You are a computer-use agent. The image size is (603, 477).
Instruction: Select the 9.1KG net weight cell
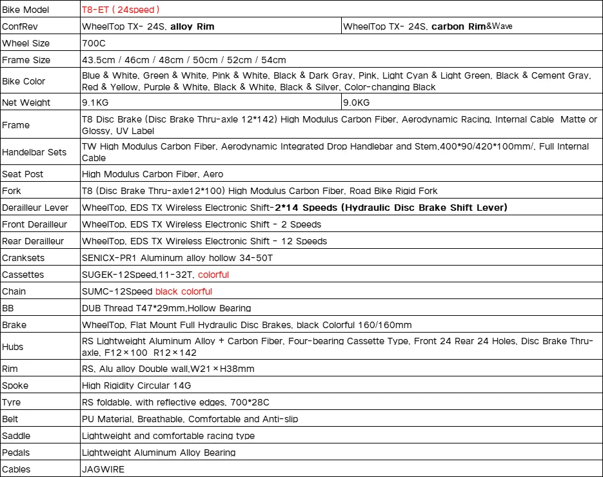coord(94,102)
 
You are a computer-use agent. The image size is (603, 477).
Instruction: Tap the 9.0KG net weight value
coord(356,102)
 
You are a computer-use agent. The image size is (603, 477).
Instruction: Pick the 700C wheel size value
coord(94,43)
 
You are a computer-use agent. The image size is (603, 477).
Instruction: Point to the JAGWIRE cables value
coord(103,469)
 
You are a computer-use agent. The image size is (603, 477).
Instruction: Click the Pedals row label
coord(16,453)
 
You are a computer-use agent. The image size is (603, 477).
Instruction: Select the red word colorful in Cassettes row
coord(213,275)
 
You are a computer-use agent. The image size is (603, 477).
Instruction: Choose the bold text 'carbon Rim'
coord(458,26)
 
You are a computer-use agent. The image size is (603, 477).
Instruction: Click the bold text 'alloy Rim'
coord(192,26)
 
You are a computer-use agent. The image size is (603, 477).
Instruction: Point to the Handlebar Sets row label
coord(34,152)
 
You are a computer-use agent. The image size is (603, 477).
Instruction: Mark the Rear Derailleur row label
coord(33,241)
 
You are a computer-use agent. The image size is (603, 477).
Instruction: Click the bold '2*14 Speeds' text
coord(304,208)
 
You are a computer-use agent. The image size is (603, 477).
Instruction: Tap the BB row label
coord(8,308)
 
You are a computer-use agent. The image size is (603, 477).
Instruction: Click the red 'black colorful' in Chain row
coord(184,291)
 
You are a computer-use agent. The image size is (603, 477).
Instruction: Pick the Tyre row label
coord(12,402)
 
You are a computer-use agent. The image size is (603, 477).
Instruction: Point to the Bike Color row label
coord(24,81)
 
